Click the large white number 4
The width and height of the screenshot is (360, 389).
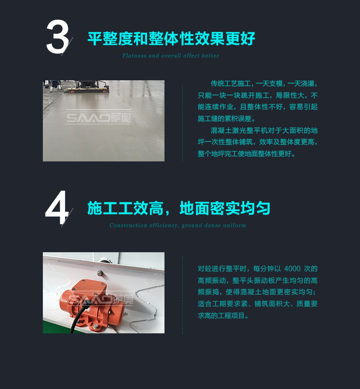click(x=57, y=207)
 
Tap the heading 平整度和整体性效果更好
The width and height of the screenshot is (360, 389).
click(x=171, y=38)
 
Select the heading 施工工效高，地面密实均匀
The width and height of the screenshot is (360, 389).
click(x=179, y=208)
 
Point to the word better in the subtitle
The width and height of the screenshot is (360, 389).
click(x=210, y=56)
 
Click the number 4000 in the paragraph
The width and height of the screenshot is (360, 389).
click(x=292, y=269)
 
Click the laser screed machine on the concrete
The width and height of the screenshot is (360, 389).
click(x=87, y=86)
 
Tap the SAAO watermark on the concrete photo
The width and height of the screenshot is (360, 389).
click(x=98, y=117)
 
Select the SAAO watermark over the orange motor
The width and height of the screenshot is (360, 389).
click(x=102, y=299)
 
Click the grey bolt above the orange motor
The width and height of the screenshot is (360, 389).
click(x=100, y=273)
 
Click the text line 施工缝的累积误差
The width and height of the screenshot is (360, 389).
click(x=226, y=119)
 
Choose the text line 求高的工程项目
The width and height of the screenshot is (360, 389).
click(x=223, y=316)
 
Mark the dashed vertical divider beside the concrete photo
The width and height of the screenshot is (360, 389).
click(x=182, y=123)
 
